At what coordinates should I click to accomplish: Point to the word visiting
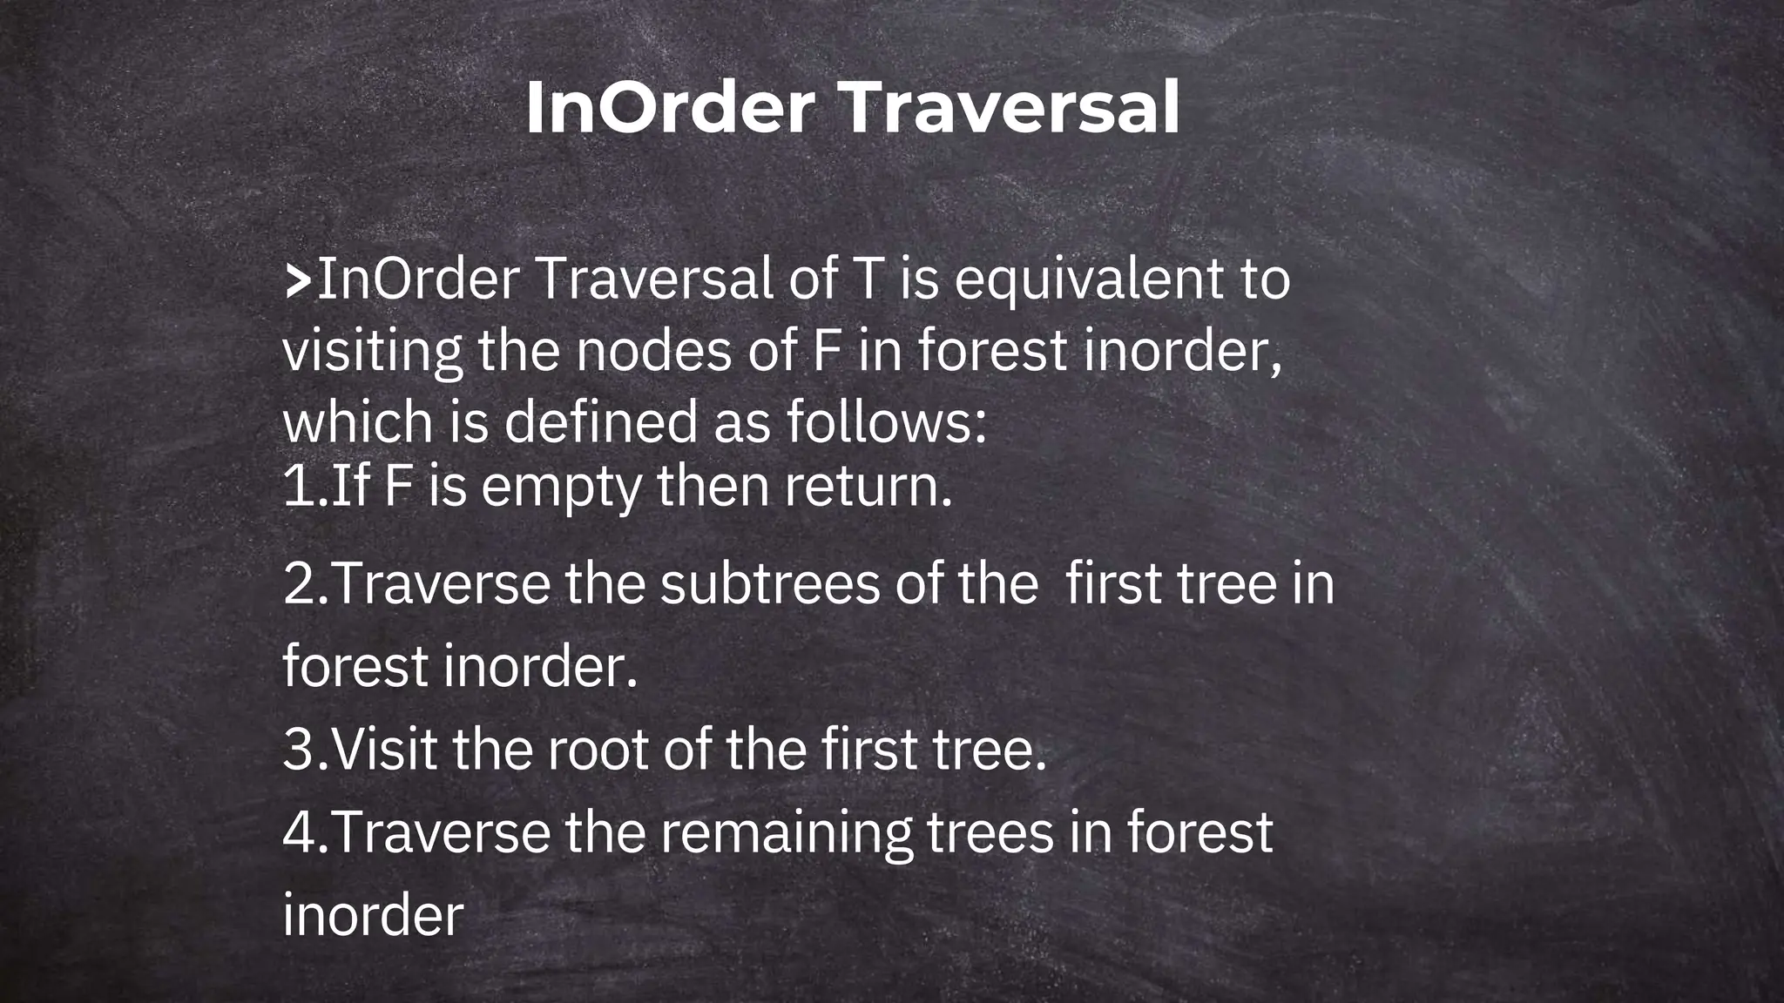[372, 352]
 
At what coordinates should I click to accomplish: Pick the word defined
[600, 421]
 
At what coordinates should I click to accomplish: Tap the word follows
[886, 421]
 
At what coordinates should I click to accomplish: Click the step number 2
[299, 583]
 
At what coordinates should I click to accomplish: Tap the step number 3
[299, 749]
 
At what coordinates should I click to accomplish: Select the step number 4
[299, 832]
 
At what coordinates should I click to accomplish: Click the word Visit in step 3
[384, 749]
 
